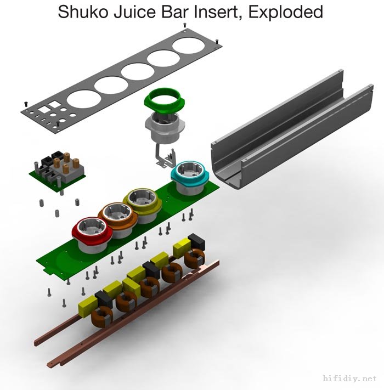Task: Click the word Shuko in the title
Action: (x=83, y=12)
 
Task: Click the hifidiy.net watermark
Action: (x=350, y=378)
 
